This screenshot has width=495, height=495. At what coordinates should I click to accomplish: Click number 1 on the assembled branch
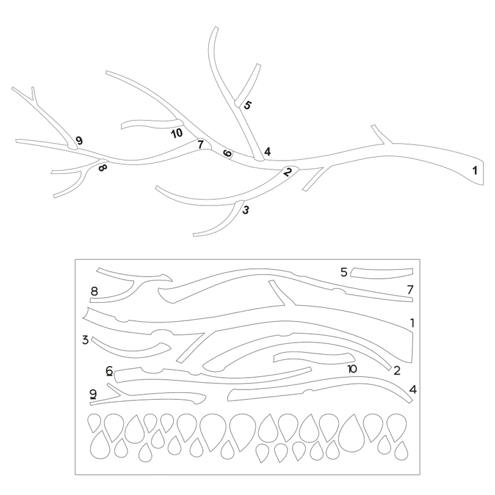pyautogui.click(x=475, y=171)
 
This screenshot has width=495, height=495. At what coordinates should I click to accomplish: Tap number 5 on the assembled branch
pyautogui.click(x=247, y=105)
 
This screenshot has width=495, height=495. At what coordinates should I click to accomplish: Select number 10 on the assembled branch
pyautogui.click(x=177, y=133)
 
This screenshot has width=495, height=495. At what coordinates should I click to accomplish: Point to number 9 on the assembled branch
pyautogui.click(x=79, y=140)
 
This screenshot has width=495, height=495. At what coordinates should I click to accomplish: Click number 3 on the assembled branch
pyautogui.click(x=246, y=210)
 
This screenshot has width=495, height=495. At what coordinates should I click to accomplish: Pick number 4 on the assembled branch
pyautogui.click(x=267, y=152)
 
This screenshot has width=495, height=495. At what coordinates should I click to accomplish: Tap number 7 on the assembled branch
pyautogui.click(x=201, y=145)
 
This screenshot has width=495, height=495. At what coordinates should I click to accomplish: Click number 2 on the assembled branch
pyautogui.click(x=287, y=172)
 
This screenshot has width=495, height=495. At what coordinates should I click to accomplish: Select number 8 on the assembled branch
pyautogui.click(x=103, y=168)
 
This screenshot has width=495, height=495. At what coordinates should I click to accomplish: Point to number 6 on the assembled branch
pyautogui.click(x=227, y=154)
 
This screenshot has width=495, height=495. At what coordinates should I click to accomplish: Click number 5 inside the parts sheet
pyautogui.click(x=344, y=272)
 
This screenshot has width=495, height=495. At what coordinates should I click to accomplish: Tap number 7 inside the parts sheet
pyautogui.click(x=410, y=289)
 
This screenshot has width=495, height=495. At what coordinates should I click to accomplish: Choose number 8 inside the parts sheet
pyautogui.click(x=94, y=291)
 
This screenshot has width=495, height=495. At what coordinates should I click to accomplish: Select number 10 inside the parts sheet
pyautogui.click(x=352, y=369)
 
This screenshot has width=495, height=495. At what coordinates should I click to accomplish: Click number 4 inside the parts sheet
pyautogui.click(x=413, y=390)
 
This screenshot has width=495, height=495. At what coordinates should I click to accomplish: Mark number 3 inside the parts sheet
pyautogui.click(x=85, y=340)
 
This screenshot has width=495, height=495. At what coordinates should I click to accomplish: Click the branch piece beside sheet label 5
pyautogui.click(x=381, y=274)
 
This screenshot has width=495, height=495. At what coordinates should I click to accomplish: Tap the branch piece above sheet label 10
pyautogui.click(x=314, y=358)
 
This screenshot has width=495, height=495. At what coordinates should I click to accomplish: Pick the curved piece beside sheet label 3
pyautogui.click(x=131, y=351)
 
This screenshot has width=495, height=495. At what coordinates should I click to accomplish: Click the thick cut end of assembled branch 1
pyautogui.click(x=483, y=172)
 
